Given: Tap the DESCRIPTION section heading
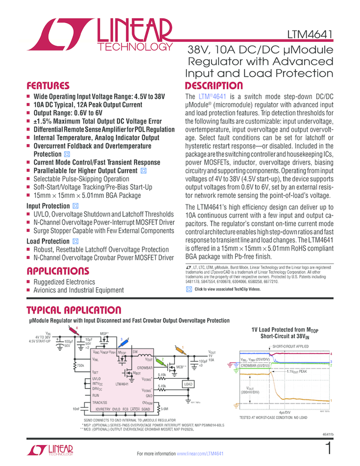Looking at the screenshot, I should (x=214, y=86).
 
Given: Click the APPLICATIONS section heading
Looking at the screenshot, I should (x=58, y=271).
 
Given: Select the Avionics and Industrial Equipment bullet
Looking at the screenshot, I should (x=78, y=290).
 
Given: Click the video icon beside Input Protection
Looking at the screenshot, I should (x=76, y=206).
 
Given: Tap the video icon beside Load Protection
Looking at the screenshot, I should (x=76, y=241).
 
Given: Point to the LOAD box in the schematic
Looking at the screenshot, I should (x=188, y=384).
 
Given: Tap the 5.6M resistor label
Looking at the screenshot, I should (x=164, y=409).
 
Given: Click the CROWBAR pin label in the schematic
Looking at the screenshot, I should (x=144, y=367).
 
